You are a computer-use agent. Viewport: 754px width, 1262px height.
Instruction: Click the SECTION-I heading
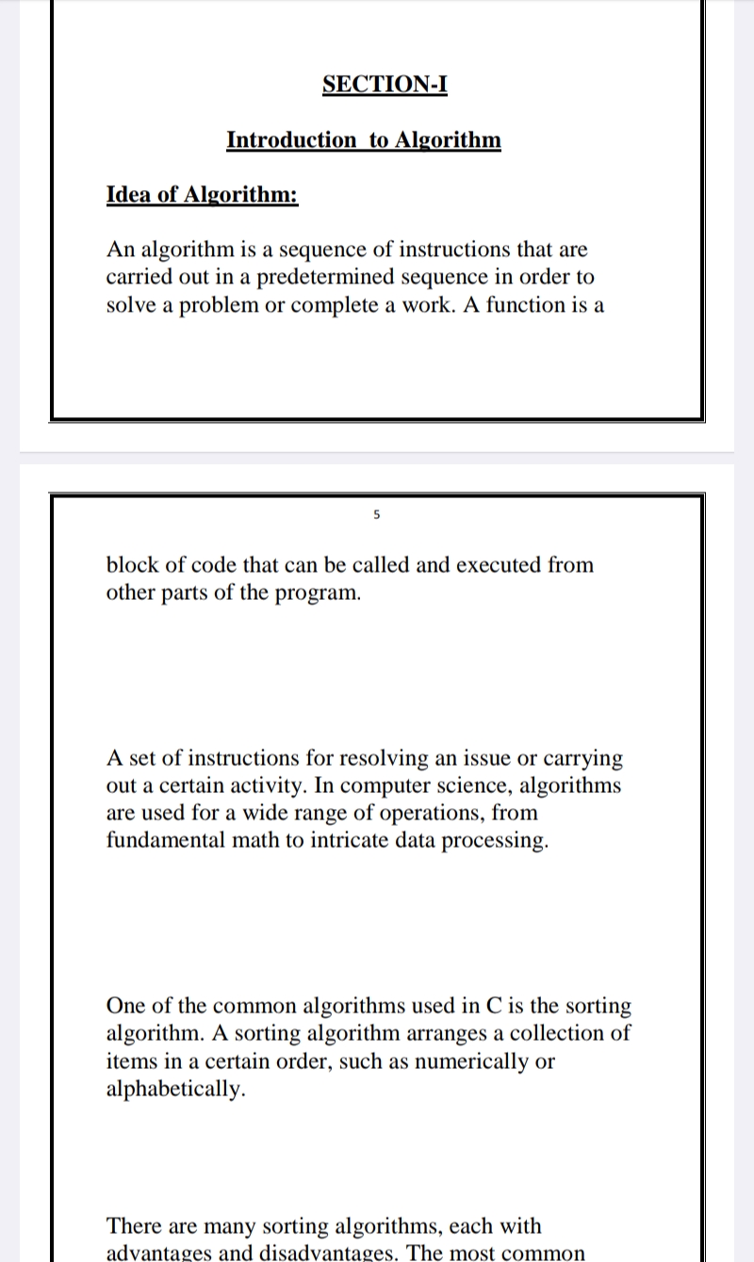click(x=385, y=84)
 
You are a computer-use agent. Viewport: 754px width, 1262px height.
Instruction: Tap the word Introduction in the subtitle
click(x=291, y=140)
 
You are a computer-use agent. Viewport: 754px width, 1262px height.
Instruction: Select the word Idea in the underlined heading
click(x=128, y=195)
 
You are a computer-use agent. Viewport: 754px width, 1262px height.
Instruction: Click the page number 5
click(x=376, y=515)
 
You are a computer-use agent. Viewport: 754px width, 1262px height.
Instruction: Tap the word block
click(x=132, y=565)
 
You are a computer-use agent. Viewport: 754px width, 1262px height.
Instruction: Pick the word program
click(x=318, y=594)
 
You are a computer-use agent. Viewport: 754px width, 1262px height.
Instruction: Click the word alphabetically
click(x=176, y=1090)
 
